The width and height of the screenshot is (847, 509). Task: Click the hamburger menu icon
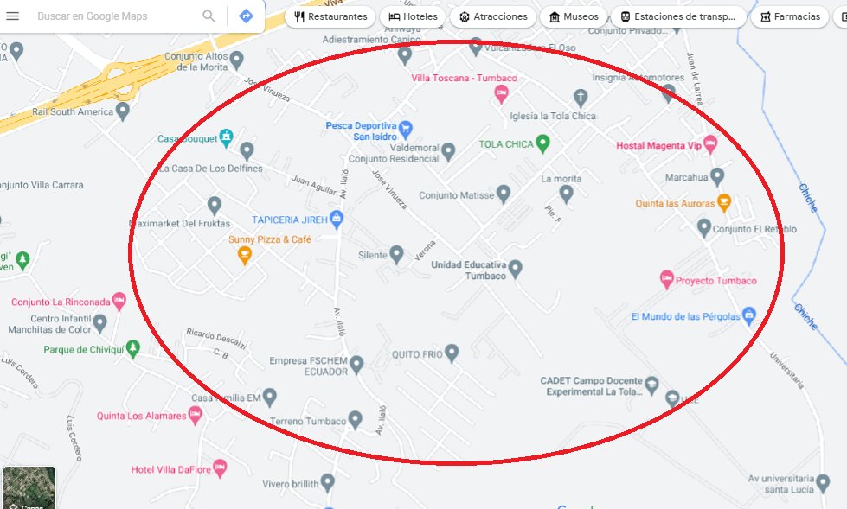[12, 16]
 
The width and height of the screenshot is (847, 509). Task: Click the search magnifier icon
[209, 16]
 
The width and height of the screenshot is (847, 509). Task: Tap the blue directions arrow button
[246, 16]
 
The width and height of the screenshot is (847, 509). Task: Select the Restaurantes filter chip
[330, 16]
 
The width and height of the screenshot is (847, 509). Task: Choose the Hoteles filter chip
[412, 16]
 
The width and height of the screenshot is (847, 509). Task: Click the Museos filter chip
[573, 16]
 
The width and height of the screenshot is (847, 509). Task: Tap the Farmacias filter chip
[789, 16]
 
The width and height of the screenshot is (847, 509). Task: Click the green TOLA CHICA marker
[542, 143]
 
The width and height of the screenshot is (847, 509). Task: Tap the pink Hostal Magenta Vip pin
[710, 144]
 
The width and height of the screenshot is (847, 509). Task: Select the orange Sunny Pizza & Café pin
[245, 255]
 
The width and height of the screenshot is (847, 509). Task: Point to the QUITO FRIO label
[417, 354]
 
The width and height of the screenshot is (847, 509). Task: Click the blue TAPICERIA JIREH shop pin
[337, 219]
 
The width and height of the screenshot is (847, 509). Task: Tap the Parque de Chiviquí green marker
[132, 348]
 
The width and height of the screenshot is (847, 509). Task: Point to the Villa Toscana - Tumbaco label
[464, 79]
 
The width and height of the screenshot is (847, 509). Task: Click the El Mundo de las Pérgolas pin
[749, 315]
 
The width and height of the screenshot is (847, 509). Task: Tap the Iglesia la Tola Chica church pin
[581, 97]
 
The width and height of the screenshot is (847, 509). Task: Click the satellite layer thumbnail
[29, 487]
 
